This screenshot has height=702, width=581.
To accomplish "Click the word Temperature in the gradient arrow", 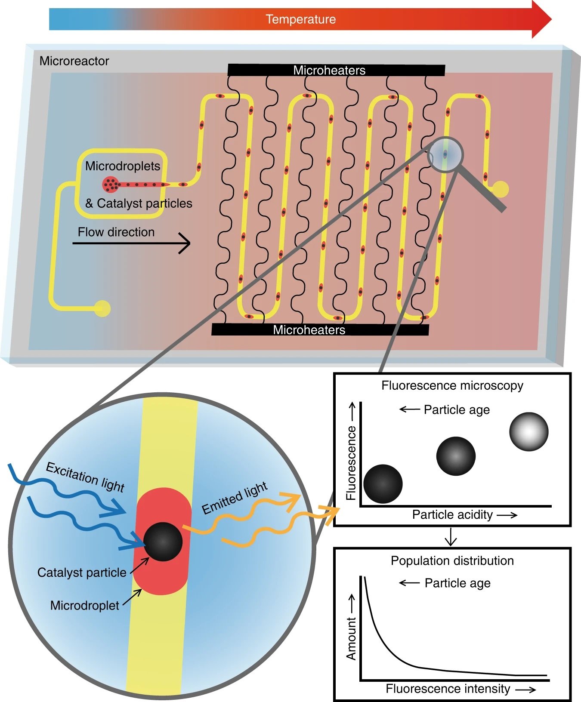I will click(300, 19).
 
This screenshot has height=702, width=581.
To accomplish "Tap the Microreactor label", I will click(74, 61).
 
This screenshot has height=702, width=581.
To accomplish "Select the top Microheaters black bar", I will click(336, 70).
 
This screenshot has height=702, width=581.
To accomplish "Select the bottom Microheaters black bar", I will click(320, 330).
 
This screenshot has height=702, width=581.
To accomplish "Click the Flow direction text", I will click(116, 232).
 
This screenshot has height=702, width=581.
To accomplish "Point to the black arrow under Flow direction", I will click(131, 243).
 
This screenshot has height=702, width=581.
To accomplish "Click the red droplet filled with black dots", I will click(111, 184).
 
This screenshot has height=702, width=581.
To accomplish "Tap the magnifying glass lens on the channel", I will click(445, 154).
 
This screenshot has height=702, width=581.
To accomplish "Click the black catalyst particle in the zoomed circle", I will click(163, 542).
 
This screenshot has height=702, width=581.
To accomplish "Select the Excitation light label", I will click(85, 477).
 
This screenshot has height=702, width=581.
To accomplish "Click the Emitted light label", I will click(235, 498).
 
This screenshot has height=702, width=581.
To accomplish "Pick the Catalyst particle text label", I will click(82, 573).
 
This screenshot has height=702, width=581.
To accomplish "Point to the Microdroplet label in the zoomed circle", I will click(84, 606).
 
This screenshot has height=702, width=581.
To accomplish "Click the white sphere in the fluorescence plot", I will click(528, 431).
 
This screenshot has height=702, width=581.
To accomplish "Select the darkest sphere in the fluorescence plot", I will click(383, 483).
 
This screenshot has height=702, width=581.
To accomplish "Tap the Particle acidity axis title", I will click(452, 515).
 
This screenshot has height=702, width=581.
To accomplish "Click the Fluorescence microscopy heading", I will click(452, 385).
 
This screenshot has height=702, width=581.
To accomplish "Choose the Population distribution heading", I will click(452, 561).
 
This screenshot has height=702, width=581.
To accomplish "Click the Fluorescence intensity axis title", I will click(448, 689).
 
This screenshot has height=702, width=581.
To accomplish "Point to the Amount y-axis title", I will click(352, 638).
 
